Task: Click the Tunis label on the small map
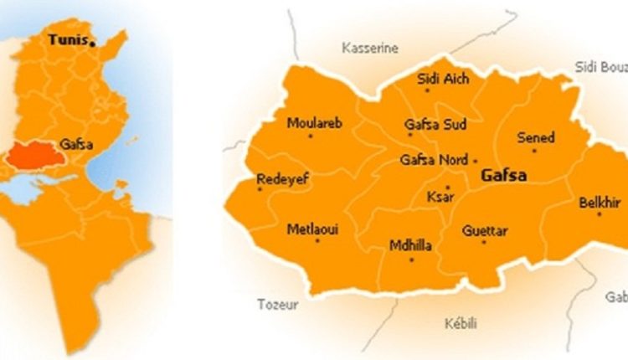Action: pyautogui.click(x=68, y=39)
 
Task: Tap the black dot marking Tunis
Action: pyautogui.click(x=94, y=42)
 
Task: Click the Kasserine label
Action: pyautogui.click(x=370, y=49)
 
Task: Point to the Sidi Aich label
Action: pyautogui.click(x=443, y=80)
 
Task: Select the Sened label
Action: pyautogui.click(x=536, y=137)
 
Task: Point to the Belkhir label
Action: pyautogui.click(x=599, y=202)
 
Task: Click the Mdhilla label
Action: pyautogui.click(x=410, y=245)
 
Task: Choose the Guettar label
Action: pyautogui.click(x=486, y=230)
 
